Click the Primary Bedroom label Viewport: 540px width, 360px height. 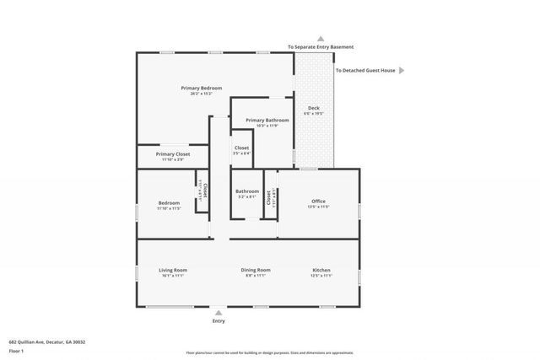pyautogui.click(x=201, y=88)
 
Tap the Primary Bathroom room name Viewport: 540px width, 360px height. pyautogui.click(x=267, y=121)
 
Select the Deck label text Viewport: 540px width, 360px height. pyautogui.click(x=313, y=107)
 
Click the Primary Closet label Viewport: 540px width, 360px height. pyautogui.click(x=172, y=154)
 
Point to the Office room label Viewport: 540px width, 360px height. pyautogui.click(x=318, y=201)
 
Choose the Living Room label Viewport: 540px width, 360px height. pyautogui.click(x=172, y=270)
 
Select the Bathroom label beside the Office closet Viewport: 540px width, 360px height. pyautogui.click(x=247, y=191)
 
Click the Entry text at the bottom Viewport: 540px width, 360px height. pyautogui.click(x=219, y=321)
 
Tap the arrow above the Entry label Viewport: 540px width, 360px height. pyautogui.click(x=219, y=312)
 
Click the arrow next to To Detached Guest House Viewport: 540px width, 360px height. pyautogui.click(x=402, y=71)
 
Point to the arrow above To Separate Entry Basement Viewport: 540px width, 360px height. pyautogui.click(x=320, y=38)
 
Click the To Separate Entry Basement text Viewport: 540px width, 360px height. pyautogui.click(x=320, y=47)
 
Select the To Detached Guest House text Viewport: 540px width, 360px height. pyautogui.click(x=365, y=71)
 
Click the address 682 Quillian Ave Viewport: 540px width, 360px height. pyautogui.click(x=47, y=342)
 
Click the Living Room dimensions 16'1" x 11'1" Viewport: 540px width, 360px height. pyautogui.click(x=172, y=276)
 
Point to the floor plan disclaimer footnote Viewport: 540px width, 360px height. pyautogui.click(x=270, y=352)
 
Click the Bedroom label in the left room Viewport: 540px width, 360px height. pyautogui.click(x=169, y=202)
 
